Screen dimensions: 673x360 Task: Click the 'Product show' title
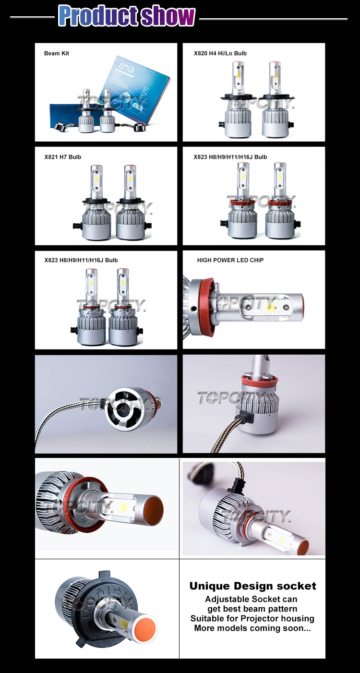click(127, 16)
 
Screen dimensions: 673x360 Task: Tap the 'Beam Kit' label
click(57, 53)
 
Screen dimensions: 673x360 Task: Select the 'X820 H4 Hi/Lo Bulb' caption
click(220, 53)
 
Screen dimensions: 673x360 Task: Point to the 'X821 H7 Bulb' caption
click(63, 157)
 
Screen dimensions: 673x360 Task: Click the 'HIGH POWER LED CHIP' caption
click(230, 260)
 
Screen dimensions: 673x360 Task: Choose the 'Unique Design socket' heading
click(252, 586)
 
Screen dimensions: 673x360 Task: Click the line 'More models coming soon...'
click(252, 628)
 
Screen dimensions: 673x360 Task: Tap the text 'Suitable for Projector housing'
click(252, 618)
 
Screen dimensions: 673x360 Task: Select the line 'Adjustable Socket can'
click(251, 599)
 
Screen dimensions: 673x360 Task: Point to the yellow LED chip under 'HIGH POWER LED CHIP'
click(270, 305)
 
